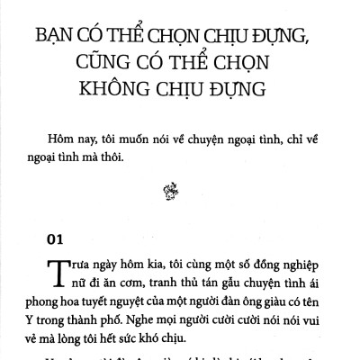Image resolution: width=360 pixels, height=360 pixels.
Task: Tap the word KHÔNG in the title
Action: [x=112, y=94]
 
